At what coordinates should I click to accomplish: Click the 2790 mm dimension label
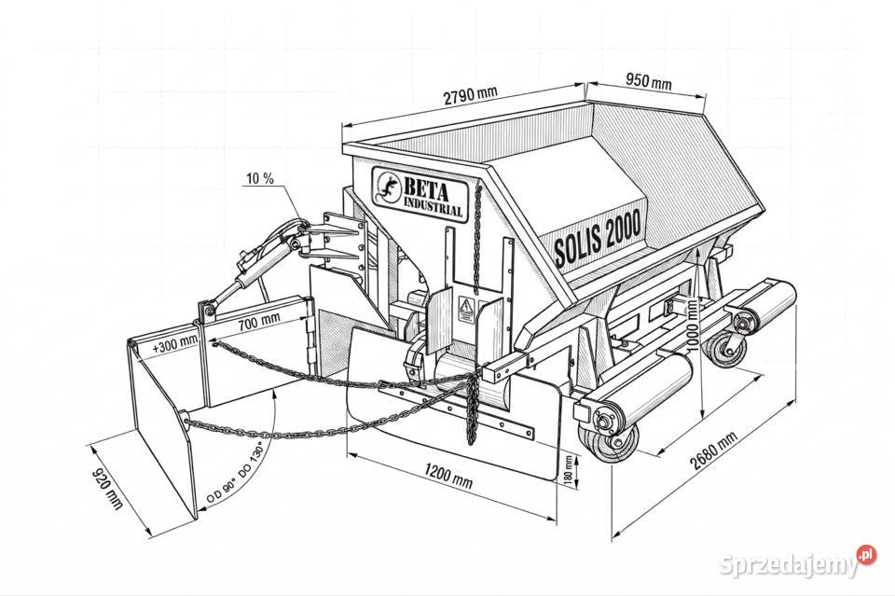coord(470,95)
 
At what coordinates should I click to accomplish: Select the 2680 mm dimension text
coord(713,450)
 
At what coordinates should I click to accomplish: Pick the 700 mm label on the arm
coord(259,323)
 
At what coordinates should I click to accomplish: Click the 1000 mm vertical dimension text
coord(692,326)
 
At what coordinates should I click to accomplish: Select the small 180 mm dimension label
coord(569,470)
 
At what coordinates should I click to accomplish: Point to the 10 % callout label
coord(260,179)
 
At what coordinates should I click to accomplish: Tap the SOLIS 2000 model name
coord(598,237)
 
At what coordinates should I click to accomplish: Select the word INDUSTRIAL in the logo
coord(434,207)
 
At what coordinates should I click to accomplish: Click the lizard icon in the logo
coord(387,187)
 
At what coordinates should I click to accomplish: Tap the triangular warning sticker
coord(467,310)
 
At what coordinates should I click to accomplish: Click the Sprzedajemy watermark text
coord(789,564)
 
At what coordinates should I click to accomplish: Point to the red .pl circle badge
coord(866,555)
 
